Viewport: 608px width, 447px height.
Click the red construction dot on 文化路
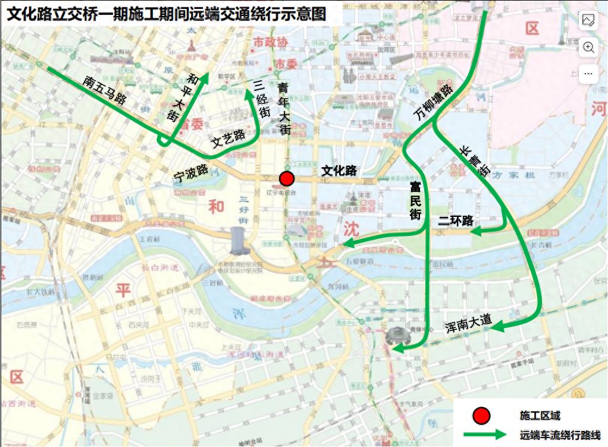pos(287,178)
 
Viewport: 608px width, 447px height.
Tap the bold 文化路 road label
pos(339,171)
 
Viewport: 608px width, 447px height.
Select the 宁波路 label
pos(190,171)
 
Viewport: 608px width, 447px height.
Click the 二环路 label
pos(456,221)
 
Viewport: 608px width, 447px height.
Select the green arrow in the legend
pos(482,435)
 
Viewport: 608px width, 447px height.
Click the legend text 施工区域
pos(540,415)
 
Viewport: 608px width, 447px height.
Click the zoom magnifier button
pos(588,48)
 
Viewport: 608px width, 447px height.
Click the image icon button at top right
pos(588,21)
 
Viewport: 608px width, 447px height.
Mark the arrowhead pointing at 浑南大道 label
pos(496,326)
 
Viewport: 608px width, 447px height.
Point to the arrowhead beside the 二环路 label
pos(477,231)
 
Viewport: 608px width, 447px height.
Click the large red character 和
pos(216,206)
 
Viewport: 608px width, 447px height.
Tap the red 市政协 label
pos(270,42)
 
